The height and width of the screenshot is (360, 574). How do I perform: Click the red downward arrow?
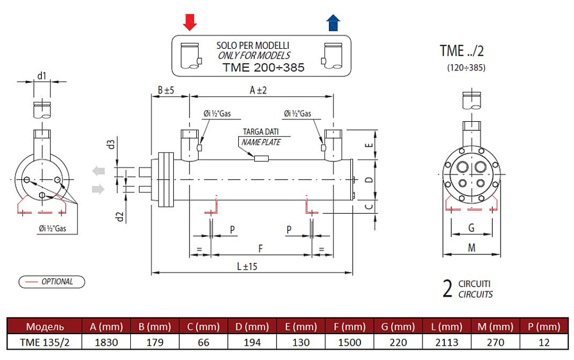(190, 22)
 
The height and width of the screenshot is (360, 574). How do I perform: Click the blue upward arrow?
(333, 23)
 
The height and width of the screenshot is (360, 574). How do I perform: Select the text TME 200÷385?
(263, 68)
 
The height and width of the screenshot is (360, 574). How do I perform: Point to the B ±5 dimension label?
(166, 90)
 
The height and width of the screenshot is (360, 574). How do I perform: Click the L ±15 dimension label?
(247, 267)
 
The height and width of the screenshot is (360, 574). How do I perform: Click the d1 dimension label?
(41, 75)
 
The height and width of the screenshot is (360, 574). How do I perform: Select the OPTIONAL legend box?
(52, 281)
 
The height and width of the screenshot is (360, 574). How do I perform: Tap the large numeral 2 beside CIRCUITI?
(448, 289)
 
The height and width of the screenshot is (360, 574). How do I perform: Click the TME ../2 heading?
(462, 51)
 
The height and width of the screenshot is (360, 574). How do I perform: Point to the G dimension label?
(471, 228)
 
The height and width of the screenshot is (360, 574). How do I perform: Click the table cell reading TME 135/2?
(45, 343)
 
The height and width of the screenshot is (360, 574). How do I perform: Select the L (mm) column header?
(446, 327)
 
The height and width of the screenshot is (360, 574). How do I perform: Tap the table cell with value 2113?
(446, 343)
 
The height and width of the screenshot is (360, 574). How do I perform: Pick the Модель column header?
(45, 327)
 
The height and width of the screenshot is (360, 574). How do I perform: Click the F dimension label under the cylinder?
(261, 249)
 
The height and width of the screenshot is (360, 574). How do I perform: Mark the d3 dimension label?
(113, 144)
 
